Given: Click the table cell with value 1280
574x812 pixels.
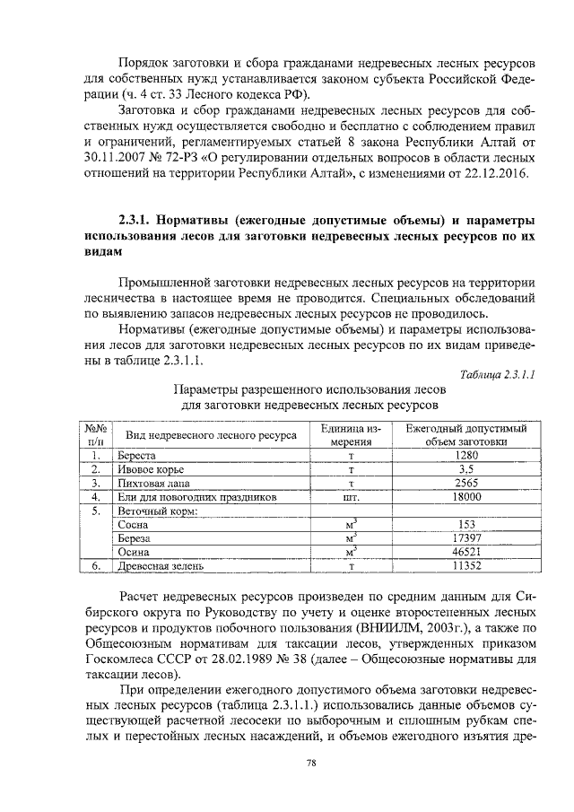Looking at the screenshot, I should pos(465,456).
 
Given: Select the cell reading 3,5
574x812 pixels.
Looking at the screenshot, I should pos(465,469).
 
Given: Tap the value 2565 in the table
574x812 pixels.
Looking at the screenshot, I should pos(465,483).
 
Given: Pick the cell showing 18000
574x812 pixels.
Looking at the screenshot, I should pos(465,496).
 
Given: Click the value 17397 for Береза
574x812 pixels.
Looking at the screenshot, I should pos(465,537).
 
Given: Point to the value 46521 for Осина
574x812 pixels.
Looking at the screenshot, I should pos(465,552).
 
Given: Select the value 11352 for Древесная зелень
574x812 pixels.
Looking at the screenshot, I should pos(465,566).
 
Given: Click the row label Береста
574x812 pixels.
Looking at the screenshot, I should pos(138,456).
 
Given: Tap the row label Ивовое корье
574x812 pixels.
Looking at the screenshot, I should pos(151,469).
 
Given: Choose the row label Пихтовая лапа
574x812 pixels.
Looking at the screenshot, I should pos(154,483).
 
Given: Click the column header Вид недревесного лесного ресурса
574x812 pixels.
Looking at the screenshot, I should pos(212,435).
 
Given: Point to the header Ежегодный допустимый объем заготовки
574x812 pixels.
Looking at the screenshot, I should pos(465,435).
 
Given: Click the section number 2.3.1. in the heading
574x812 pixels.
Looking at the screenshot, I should pos(142,220).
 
